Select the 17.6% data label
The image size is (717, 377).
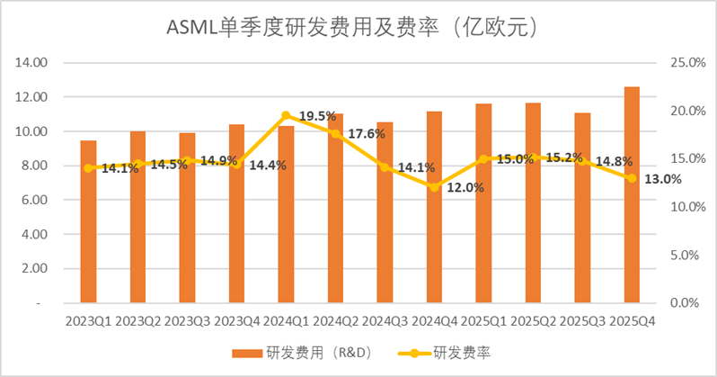pyautogui.click(x=366, y=134)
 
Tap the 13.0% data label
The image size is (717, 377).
pyautogui.click(x=662, y=178)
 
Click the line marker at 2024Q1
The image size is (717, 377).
pyautogui.click(x=286, y=115)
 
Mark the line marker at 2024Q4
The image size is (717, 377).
pyautogui.click(x=434, y=187)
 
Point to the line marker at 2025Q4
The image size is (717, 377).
pyautogui.click(x=632, y=178)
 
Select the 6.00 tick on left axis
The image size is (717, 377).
pyautogui.click(x=33, y=200)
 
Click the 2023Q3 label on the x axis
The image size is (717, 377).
pyautogui.click(x=187, y=320)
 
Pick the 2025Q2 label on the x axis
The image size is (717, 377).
pyautogui.click(x=533, y=320)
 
